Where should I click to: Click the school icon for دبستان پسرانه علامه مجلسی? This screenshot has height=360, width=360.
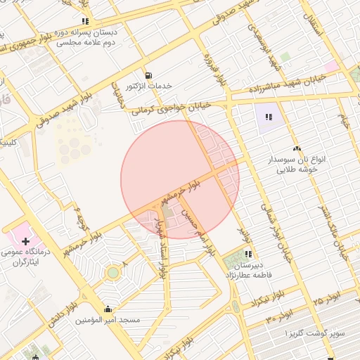tap(85, 21)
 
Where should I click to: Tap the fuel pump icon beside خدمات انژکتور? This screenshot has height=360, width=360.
tap(148, 75)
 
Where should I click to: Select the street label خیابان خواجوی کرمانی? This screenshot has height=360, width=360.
tap(172, 108)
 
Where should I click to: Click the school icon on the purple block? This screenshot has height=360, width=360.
tap(268, 117)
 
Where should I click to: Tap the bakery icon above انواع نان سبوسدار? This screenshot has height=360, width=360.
tap(297, 148)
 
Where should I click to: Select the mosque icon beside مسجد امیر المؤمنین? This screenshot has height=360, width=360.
tap(108, 308)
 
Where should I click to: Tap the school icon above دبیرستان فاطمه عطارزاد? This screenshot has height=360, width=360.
tap(247, 255)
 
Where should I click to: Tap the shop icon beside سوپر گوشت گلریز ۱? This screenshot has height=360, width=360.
tap(331, 358)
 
